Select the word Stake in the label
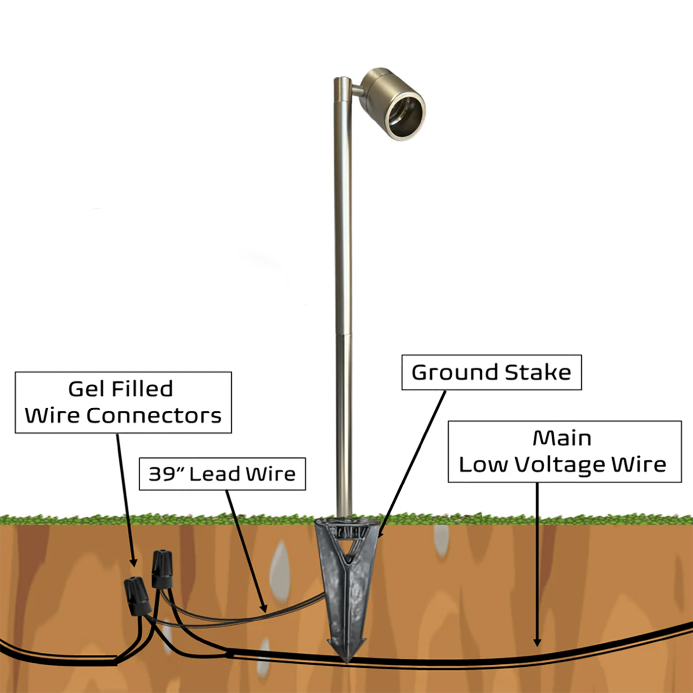538,373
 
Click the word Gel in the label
87,389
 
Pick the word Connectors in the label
154,416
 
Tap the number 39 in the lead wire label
162,474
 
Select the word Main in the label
562,438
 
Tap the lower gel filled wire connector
137,596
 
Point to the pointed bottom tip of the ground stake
346,659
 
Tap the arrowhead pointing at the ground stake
380,535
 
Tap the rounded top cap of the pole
343,80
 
